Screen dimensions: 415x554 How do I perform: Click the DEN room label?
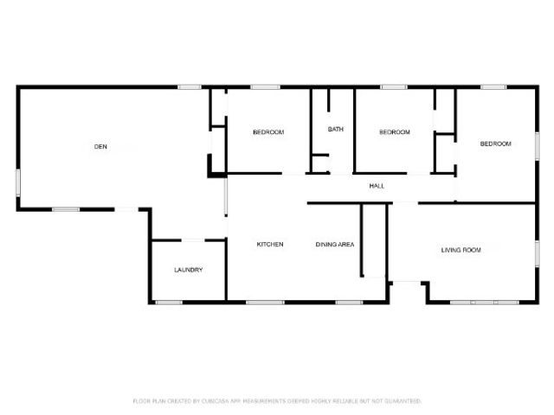(x=100, y=147)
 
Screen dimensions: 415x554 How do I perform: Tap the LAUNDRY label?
(x=188, y=270)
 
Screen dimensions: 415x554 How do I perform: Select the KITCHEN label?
(x=270, y=245)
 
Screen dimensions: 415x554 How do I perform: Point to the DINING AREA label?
(x=334, y=245)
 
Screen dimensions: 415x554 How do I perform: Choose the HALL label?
(x=377, y=186)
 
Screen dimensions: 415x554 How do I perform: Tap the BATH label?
(x=336, y=130)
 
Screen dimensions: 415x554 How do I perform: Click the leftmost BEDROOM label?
(x=268, y=132)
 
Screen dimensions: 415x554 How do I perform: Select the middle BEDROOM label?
(x=395, y=132)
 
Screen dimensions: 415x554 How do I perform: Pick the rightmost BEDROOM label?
(x=496, y=144)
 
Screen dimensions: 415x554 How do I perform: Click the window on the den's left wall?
(x=18, y=182)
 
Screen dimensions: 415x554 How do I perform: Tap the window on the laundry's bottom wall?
(x=168, y=302)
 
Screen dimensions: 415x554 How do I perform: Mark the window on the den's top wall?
(x=190, y=86)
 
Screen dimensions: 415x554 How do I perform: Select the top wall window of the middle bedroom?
(x=394, y=86)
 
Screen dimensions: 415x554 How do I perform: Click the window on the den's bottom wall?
(x=66, y=209)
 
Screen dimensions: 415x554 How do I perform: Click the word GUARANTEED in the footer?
(x=403, y=401)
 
